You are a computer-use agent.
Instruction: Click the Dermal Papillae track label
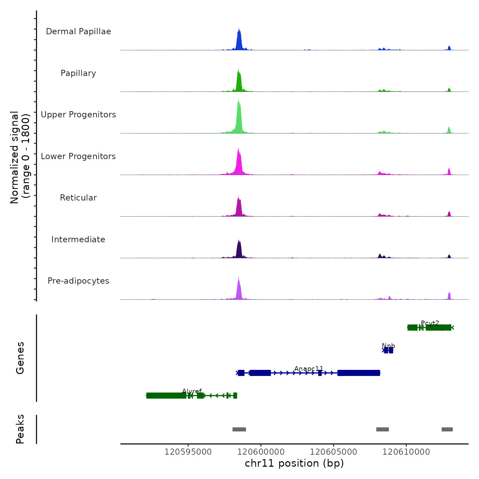[x=78, y=31]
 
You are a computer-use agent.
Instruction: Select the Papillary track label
[x=78, y=73]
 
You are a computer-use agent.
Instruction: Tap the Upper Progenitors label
[x=78, y=115]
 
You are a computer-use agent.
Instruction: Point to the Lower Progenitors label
[x=78, y=156]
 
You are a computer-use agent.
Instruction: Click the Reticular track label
[x=78, y=198]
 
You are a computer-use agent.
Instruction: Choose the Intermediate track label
[x=78, y=239]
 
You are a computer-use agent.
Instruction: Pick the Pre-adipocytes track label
[x=78, y=281]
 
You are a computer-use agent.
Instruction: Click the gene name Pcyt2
[x=430, y=323]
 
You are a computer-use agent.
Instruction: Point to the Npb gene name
[x=388, y=346]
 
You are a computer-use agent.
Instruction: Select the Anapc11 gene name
[x=309, y=368]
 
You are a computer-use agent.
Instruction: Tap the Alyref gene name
[x=192, y=391]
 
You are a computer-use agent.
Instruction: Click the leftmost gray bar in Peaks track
[x=239, y=429]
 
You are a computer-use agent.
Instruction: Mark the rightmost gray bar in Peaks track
[x=447, y=429]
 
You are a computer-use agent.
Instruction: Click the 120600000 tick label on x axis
[x=261, y=452]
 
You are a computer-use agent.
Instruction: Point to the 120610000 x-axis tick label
[x=406, y=452]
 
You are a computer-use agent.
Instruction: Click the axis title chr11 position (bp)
[x=294, y=464]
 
